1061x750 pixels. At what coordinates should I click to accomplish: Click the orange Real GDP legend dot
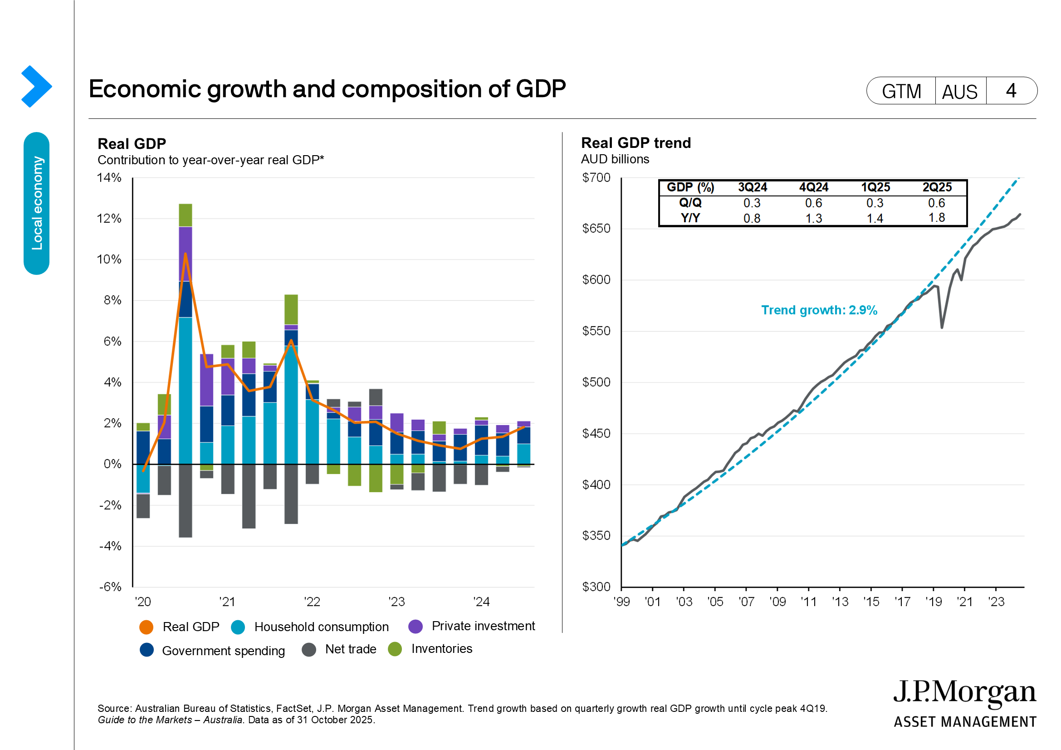pos(146,627)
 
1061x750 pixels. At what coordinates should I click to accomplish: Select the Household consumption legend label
pos(321,627)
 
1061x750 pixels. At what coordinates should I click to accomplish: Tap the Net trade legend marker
pos(309,650)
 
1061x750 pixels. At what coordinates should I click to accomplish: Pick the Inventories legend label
pos(441,649)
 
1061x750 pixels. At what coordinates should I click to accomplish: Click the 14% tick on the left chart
pos(109,178)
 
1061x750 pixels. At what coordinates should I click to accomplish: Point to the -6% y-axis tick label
pos(110,587)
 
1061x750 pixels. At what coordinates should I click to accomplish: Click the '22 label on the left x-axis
pos(312,602)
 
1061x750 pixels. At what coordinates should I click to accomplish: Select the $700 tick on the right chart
pos(596,178)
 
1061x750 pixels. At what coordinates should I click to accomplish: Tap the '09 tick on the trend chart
pos(778,602)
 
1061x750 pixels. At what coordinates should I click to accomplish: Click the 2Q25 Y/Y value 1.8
pos(937,218)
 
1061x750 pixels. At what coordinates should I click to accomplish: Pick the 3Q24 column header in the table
pos(752,187)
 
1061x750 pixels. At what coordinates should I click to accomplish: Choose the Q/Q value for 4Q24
pos(813,203)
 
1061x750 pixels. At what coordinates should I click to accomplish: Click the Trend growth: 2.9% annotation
pos(819,310)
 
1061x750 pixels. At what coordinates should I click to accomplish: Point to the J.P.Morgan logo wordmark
pos(964,693)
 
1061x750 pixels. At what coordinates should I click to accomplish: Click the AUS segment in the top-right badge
pos(960,92)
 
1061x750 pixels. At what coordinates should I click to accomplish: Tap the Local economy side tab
pos(36,203)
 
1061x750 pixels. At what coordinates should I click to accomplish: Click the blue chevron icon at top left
pos(36,86)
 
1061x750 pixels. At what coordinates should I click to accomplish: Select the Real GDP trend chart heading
pos(636,143)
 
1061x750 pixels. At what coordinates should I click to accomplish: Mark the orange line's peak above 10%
pos(186,254)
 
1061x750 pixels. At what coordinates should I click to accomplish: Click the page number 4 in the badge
pos(1011,91)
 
